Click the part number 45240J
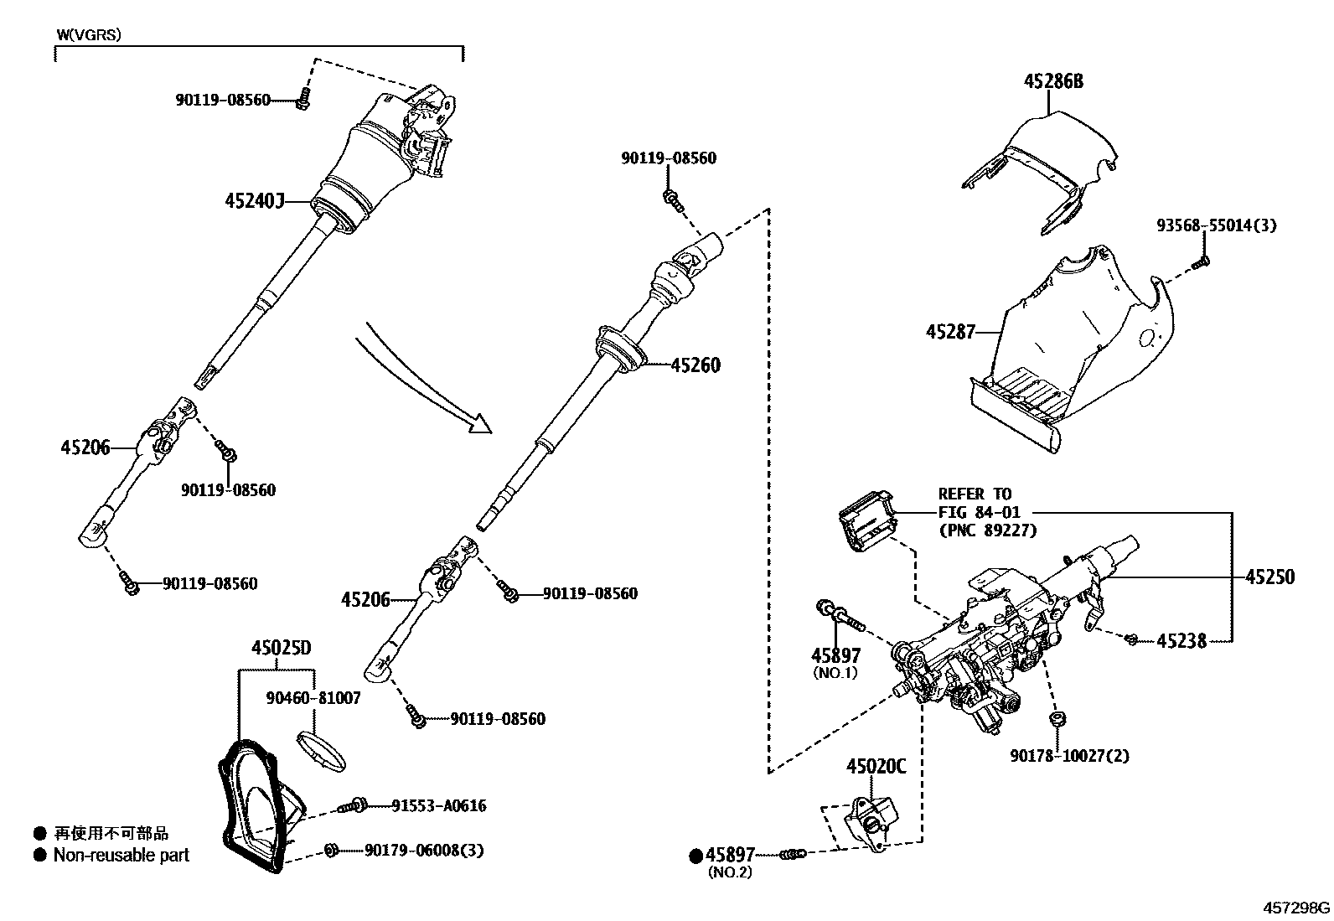255,201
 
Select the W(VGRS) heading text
89,34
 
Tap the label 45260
695,365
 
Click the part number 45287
950,332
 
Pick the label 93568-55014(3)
1216,225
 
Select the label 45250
1269,577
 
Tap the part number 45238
1181,641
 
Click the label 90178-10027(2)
1069,756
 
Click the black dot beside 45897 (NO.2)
695,856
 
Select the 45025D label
282,648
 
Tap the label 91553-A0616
438,806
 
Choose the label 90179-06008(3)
424,851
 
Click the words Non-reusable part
122,856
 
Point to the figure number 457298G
1296,908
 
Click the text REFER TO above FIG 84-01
975,494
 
